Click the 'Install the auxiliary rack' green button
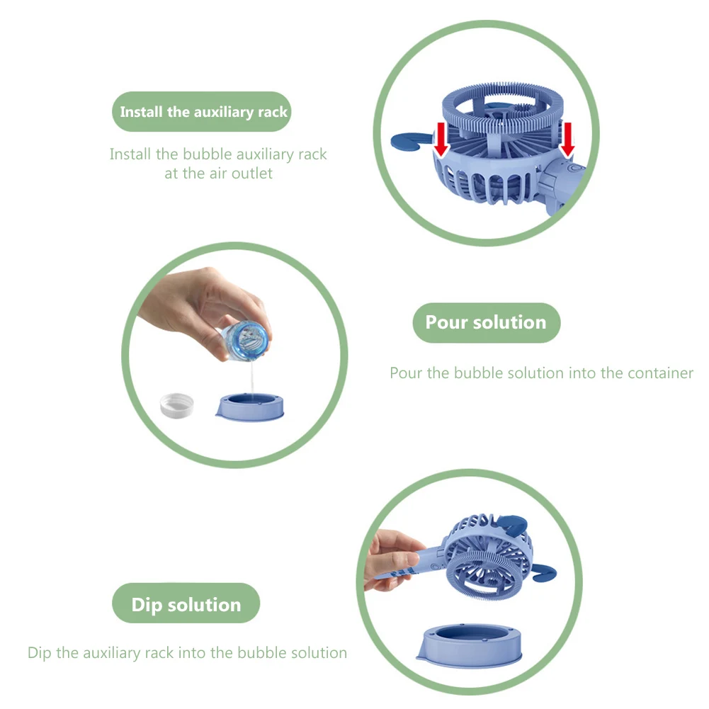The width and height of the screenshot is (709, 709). tap(202, 112)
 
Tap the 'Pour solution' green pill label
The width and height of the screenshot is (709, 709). tap(487, 322)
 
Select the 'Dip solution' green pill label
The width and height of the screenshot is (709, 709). tap(186, 603)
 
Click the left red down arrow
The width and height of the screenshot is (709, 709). tap(441, 140)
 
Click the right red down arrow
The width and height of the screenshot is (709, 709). tap(567, 140)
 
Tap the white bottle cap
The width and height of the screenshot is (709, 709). tap(177, 406)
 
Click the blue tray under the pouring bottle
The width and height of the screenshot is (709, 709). tap(250, 407)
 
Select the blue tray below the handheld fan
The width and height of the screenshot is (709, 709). tap(470, 645)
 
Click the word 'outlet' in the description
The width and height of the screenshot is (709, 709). tap(252, 174)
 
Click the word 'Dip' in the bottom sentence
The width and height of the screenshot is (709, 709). tap(40, 653)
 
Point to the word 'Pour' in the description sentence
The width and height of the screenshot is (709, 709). tap(406, 373)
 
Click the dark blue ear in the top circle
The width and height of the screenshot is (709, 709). tap(409, 141)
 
